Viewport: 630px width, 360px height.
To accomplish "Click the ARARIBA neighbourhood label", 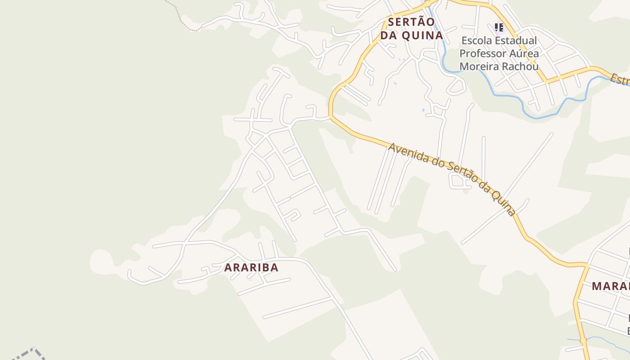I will pos(251,267).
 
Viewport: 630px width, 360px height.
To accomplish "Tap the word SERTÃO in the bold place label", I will pos(411,22).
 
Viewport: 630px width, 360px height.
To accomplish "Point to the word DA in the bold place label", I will pos(387,35).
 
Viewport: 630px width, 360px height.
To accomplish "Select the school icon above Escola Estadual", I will pos(499,28).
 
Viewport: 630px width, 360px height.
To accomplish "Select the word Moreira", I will pos(478,67).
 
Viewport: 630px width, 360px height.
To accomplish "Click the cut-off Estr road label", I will pos(620,81).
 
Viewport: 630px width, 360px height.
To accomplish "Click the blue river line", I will pos(508,95).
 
